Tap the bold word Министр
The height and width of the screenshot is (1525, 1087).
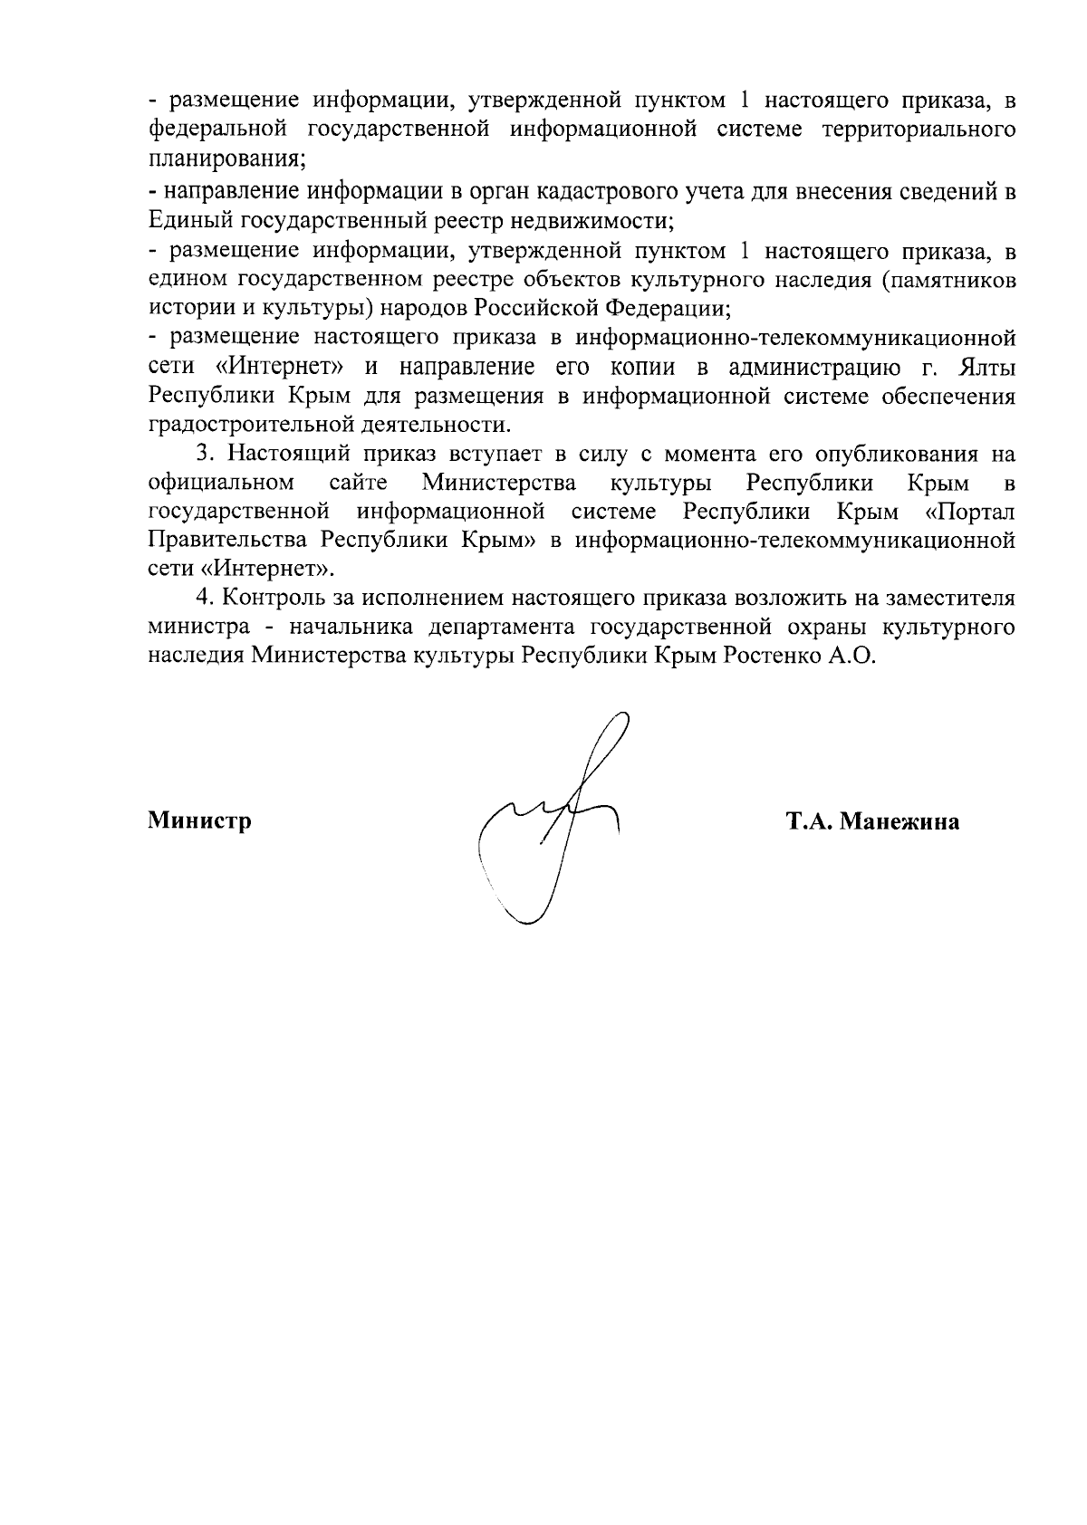click(199, 821)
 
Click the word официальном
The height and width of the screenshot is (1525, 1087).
click(220, 483)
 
